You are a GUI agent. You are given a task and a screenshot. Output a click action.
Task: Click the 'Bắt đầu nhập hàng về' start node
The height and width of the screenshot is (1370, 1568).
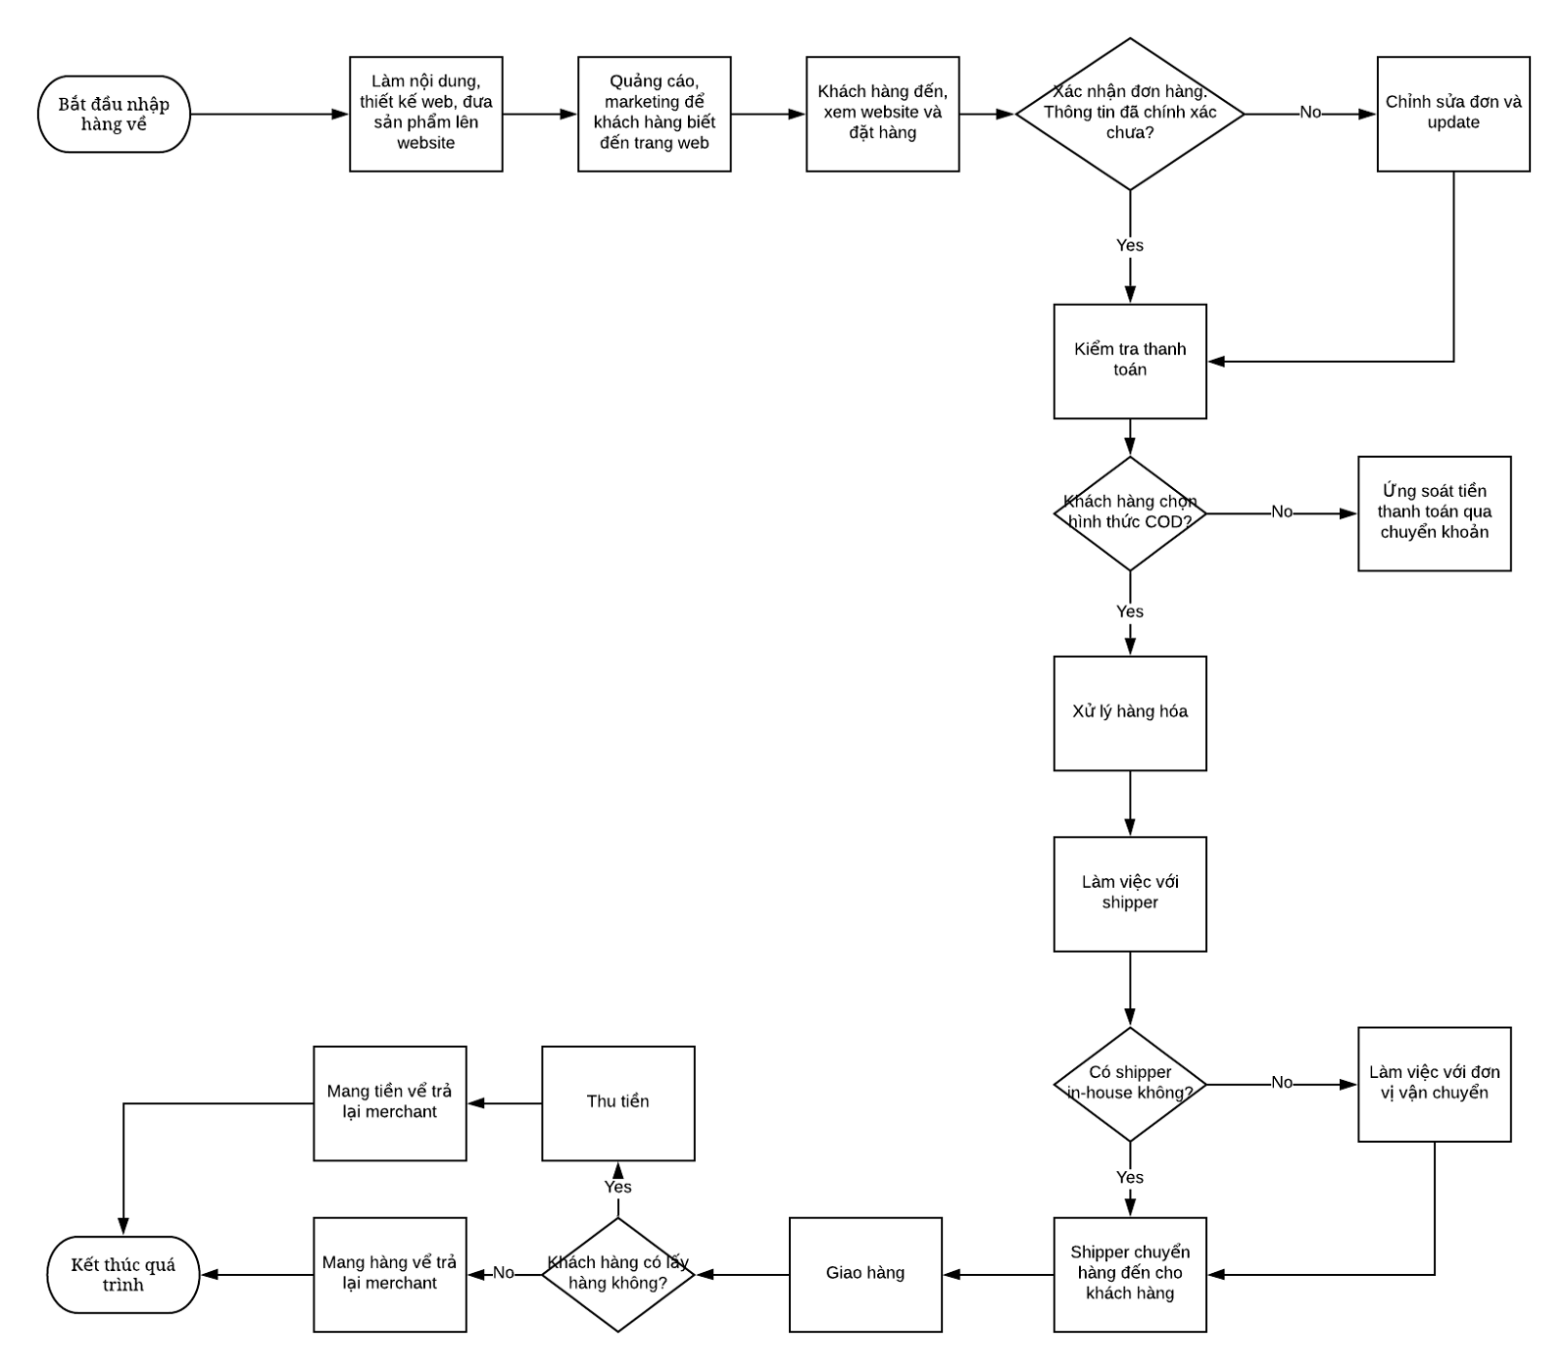tap(114, 115)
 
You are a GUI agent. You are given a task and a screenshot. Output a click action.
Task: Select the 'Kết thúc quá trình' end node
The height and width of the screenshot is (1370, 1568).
tap(123, 1274)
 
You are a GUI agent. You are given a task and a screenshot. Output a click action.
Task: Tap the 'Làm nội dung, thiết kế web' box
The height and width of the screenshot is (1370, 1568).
tap(426, 115)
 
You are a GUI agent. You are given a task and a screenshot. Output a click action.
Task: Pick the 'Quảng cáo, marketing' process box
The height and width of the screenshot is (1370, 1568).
tap(655, 115)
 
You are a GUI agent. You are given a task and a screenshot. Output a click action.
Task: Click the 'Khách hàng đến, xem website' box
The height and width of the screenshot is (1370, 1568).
tap(883, 115)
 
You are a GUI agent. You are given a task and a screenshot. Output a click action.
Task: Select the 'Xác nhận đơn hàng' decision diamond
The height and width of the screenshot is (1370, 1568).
tap(1130, 114)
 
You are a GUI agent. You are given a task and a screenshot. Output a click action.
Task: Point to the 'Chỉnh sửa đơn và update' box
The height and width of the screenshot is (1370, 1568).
tap(1453, 115)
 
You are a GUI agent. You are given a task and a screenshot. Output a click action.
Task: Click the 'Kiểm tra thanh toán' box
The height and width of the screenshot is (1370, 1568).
tap(1130, 361)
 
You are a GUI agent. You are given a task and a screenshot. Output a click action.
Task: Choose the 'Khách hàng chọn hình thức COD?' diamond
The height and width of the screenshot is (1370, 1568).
tap(1130, 513)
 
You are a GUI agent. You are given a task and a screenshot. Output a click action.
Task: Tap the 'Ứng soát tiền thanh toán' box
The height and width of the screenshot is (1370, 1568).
tap(1435, 513)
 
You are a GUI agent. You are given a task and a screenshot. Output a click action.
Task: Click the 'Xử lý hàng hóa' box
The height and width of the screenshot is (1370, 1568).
tap(1130, 712)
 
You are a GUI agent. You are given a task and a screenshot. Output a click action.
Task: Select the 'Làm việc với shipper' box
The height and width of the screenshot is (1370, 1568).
tap(1130, 893)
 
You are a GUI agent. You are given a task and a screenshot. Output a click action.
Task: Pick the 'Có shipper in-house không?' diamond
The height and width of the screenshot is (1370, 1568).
tap(1130, 1084)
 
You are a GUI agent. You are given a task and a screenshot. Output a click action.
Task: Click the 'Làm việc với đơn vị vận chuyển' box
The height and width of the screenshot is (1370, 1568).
tap(1435, 1084)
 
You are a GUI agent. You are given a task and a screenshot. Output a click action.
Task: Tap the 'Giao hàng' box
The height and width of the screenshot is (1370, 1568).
tap(865, 1274)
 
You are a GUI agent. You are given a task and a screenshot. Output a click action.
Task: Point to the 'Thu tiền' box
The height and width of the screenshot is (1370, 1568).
tap(618, 1102)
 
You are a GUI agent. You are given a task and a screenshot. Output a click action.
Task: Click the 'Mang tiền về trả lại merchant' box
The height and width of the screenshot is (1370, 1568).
tap(390, 1102)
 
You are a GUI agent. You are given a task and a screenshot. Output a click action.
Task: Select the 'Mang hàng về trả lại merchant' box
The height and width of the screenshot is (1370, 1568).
tap(390, 1274)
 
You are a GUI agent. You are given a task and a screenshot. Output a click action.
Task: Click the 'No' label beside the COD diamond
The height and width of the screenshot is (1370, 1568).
tap(1282, 512)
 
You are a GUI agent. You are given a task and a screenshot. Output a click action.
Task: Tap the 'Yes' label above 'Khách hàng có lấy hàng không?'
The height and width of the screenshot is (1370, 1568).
tap(617, 1187)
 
